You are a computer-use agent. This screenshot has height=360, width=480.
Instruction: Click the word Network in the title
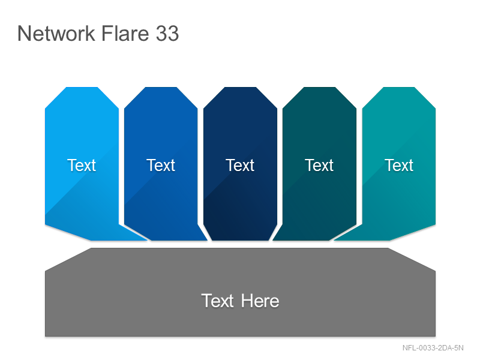point(56,34)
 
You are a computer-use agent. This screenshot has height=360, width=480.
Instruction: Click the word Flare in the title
point(125,34)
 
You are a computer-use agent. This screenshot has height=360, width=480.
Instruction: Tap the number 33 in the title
point(167,34)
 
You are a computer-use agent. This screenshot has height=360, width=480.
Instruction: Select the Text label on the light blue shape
point(82,166)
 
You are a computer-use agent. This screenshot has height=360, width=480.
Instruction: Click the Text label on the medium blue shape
point(161,166)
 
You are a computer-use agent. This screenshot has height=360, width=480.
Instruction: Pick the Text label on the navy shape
point(240,166)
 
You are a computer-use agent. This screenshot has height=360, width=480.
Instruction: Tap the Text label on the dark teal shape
point(319,166)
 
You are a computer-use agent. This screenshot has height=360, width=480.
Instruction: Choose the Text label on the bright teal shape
point(399,166)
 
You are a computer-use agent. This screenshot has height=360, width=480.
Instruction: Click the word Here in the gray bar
point(260,301)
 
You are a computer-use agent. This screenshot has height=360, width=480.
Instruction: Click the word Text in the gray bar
point(218,301)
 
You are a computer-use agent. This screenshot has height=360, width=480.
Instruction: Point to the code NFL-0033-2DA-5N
point(433,348)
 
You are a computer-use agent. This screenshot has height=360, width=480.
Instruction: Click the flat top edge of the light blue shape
point(82,88)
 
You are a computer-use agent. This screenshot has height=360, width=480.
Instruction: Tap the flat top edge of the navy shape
point(241,88)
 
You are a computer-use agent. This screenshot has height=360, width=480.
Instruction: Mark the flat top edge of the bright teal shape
point(399,88)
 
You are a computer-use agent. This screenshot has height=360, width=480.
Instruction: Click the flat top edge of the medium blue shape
point(161,88)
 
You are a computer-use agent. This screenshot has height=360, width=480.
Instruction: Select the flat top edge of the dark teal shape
point(320,88)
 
